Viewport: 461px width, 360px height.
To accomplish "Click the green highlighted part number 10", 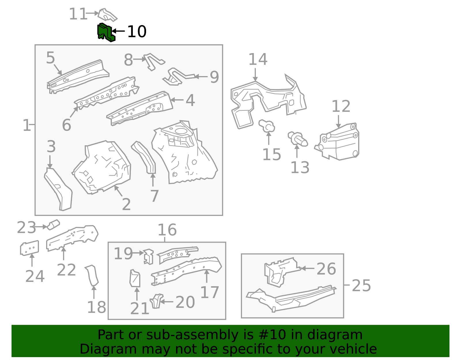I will click(x=105, y=32).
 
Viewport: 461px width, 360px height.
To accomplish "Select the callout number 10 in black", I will click(x=137, y=31).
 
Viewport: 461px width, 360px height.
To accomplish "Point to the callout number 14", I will click(x=258, y=59).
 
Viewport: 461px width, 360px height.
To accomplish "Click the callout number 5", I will click(x=50, y=58).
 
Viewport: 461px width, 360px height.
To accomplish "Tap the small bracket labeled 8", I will click(x=153, y=61).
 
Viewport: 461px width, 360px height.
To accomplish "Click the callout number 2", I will click(x=126, y=204).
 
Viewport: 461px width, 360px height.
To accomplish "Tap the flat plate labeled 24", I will click(x=29, y=248).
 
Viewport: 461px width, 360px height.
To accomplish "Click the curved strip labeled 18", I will click(x=92, y=275).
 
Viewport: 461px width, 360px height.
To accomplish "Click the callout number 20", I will click(x=185, y=302).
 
